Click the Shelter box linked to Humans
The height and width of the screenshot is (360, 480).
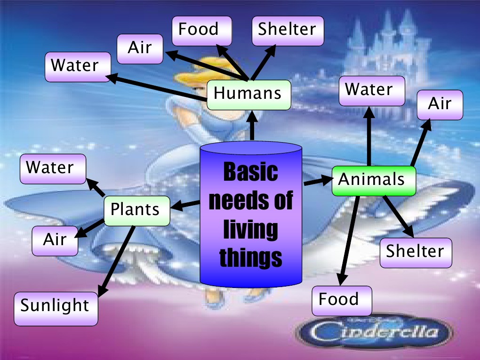click(288, 31)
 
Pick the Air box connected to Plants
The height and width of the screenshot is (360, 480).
click(55, 240)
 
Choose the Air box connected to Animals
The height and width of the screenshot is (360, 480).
click(439, 104)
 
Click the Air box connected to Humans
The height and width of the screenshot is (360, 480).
click(140, 48)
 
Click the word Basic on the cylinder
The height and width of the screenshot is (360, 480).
click(250, 172)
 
